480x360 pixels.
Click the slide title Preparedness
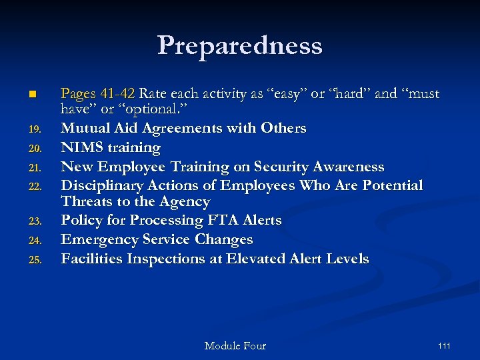click(x=240, y=46)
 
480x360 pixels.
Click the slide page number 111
click(x=444, y=345)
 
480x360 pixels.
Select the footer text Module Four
click(x=235, y=345)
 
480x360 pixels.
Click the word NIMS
click(x=81, y=147)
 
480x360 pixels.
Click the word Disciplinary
click(x=106, y=185)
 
